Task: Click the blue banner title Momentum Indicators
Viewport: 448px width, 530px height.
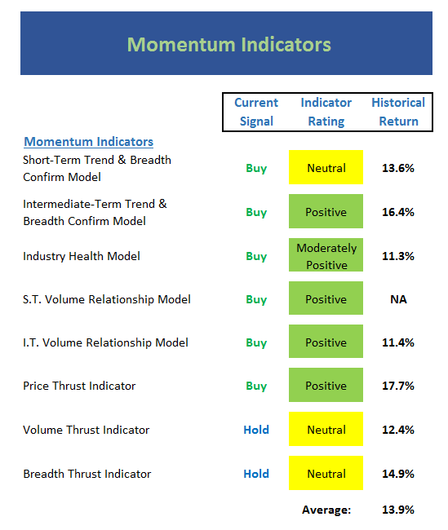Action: [x=229, y=44]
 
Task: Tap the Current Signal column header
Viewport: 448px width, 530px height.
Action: [x=256, y=112]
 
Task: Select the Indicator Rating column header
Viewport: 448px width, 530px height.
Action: [x=326, y=112]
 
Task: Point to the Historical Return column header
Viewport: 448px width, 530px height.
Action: [x=398, y=112]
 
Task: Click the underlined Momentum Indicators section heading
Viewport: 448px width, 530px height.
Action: [x=89, y=142]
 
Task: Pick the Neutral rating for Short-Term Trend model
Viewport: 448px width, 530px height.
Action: [x=326, y=167]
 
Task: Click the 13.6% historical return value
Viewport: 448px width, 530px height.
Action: [x=398, y=168]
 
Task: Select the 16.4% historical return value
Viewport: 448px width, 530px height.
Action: [x=398, y=212]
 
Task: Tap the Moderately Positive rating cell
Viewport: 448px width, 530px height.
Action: [x=326, y=255]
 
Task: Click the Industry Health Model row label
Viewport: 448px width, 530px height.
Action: [x=82, y=256]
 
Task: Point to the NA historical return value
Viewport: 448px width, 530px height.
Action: [x=398, y=299]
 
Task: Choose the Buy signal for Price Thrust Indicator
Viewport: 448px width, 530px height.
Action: [x=256, y=386]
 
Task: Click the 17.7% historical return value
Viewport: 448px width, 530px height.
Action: [x=398, y=386]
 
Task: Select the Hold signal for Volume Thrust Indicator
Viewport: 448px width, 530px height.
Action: [x=256, y=430]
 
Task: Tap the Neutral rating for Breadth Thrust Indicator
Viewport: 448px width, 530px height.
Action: [x=326, y=473]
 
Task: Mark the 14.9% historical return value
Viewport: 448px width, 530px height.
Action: [x=398, y=474]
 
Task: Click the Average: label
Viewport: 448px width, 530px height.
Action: [x=326, y=510]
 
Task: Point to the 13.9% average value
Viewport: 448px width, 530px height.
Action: [x=398, y=510]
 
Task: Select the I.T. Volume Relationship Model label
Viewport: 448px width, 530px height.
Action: [x=105, y=342]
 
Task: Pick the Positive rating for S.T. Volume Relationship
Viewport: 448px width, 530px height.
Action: [x=326, y=298]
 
